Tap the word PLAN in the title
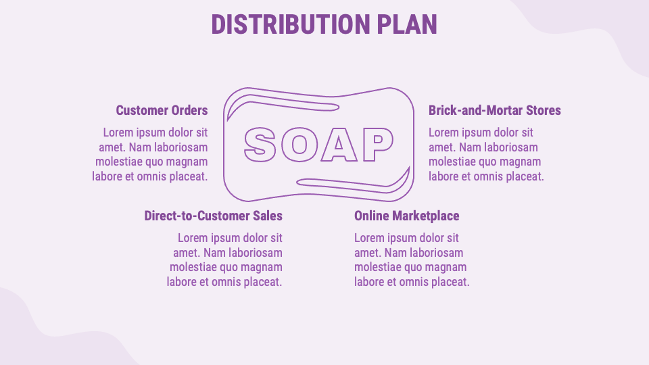click(x=407, y=24)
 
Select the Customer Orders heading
click(x=162, y=110)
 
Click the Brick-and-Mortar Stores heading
click(x=495, y=110)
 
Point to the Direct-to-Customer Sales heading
click(x=213, y=216)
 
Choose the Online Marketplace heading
click(x=406, y=216)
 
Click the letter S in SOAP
click(x=260, y=144)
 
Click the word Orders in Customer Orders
click(x=189, y=110)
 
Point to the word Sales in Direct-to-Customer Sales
click(x=267, y=216)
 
